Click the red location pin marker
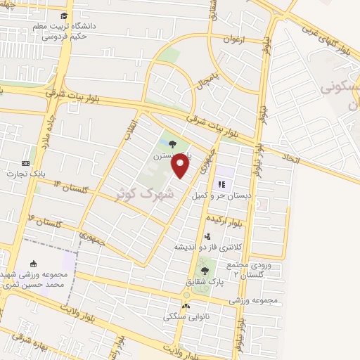pyautogui.click(x=181, y=166)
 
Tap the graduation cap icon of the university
pyautogui.click(x=65, y=15)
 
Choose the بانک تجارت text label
pyautogui.click(x=26, y=172)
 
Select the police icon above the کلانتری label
pyautogui.click(x=207, y=236)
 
